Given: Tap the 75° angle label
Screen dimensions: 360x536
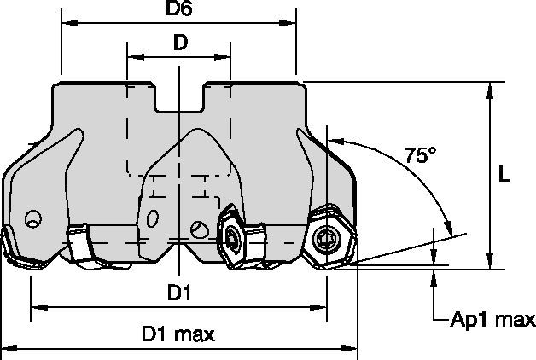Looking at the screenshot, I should [419, 157].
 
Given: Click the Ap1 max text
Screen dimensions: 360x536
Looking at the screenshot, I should [492, 320].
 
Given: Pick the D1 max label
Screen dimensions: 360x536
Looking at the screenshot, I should [178, 334].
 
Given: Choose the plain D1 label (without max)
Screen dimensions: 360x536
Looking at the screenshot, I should [178, 293].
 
